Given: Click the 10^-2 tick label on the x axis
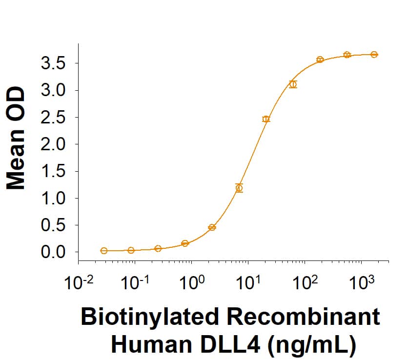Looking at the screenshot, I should coord(78,282).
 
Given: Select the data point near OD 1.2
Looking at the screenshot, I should coord(239,188).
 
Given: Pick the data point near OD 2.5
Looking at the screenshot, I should coord(266,119).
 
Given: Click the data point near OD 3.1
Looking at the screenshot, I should coord(293,84).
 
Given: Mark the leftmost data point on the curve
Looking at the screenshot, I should coord(104,251).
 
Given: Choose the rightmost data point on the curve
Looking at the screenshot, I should coord(374,55).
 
